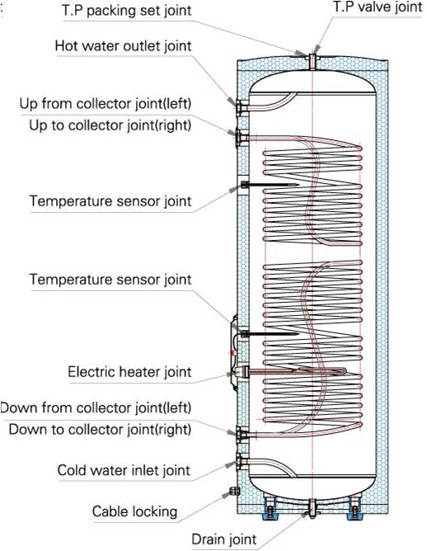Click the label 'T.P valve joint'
[x=378, y=7]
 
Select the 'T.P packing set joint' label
[x=127, y=11]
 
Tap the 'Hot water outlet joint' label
[x=124, y=46]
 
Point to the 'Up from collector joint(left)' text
[x=106, y=104]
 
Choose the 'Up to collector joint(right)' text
[x=110, y=125]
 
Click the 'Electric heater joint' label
[x=129, y=372]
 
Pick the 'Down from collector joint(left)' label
[x=96, y=408]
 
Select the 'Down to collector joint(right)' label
[x=100, y=430]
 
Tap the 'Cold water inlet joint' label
[x=124, y=470]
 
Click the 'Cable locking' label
[x=134, y=511]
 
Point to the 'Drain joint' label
[x=224, y=539]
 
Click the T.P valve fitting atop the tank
[x=312, y=62]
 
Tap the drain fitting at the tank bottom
[x=312, y=508]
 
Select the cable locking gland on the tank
[x=235, y=491]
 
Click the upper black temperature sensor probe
[x=270, y=185]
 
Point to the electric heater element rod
[x=295, y=371]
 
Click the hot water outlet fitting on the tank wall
[x=242, y=106]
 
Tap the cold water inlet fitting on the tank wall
[x=242, y=462]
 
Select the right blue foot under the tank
[x=354, y=512]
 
